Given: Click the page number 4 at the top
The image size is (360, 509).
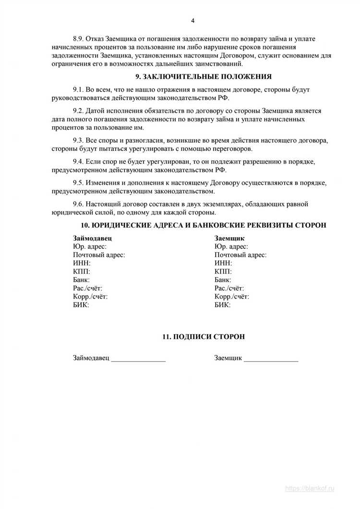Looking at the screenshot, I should click(192, 21).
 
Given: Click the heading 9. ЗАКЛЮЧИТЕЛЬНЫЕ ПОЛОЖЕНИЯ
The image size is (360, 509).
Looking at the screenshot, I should click(204, 76).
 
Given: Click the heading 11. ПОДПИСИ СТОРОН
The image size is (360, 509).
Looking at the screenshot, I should click(204, 337).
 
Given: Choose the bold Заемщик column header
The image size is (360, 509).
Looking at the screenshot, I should click(230, 238).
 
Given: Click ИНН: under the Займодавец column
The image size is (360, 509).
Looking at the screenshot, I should click(82, 263).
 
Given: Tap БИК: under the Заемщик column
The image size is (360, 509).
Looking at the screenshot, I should click(223, 305).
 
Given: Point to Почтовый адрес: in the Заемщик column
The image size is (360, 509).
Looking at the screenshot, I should click(240, 255).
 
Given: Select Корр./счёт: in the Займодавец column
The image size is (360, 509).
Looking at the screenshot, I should click(90, 297).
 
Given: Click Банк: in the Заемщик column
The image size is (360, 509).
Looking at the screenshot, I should click(223, 280).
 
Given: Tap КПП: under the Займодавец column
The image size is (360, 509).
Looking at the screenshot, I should click(82, 272).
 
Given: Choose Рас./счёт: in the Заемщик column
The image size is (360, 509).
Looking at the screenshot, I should click(229, 288).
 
